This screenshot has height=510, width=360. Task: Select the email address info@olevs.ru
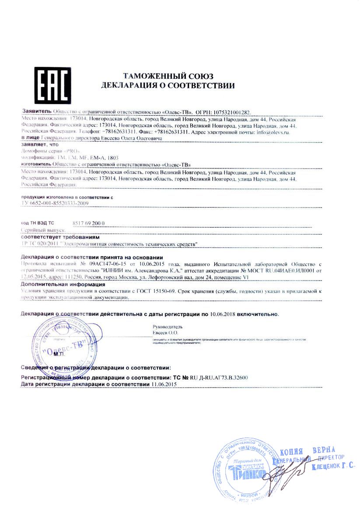point(273,131)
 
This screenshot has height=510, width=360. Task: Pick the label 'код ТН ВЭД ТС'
point(38,223)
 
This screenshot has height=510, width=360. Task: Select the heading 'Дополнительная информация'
point(63,285)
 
